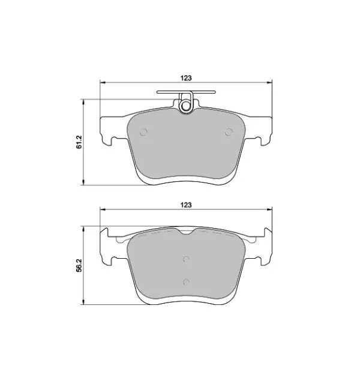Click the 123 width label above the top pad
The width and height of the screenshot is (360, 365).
tap(186, 78)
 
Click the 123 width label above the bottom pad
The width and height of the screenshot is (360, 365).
tap(186, 205)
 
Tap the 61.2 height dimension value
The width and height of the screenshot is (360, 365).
tap(79, 142)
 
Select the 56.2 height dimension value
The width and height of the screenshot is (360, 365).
tap(79, 265)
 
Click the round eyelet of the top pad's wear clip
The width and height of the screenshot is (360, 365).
tap(186, 106)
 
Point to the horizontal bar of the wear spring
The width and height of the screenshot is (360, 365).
tap(186, 92)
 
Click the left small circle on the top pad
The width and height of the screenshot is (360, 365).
tap(143, 132)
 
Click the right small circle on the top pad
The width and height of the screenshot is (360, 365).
tap(229, 132)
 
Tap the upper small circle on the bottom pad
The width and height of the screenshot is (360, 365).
tap(186, 259)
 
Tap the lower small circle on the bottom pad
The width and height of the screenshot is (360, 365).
tap(186, 282)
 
